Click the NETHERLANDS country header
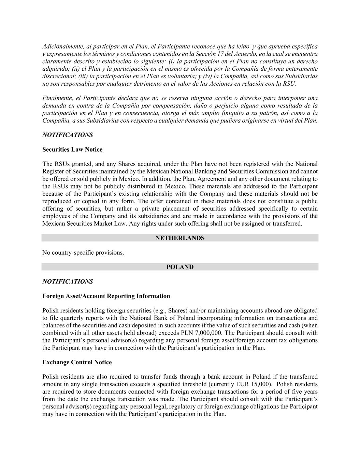pyautogui.click(x=180, y=238)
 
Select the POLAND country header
pyautogui.click(x=180, y=267)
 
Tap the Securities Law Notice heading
pyautogui.click(x=72, y=150)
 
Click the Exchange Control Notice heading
pyautogui.click(x=77, y=362)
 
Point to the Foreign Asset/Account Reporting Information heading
pyautogui.click(x=106, y=296)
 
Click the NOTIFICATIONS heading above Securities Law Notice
pyautogui.click(x=68, y=135)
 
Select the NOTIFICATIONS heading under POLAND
pyautogui.click(x=68, y=282)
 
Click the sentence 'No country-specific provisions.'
pyautogui.click(x=83, y=253)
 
